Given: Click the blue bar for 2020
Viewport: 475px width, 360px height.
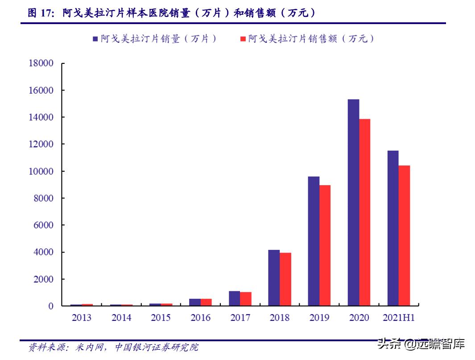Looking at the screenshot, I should [353, 203].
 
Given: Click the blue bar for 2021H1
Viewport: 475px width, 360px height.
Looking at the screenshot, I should [393, 228].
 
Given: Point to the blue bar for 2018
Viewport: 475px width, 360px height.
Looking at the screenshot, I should [274, 277].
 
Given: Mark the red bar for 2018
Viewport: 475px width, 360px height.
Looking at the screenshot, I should [285, 279].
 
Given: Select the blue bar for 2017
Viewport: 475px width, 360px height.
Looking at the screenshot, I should [234, 298].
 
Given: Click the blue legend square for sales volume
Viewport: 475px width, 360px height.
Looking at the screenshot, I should [95, 39].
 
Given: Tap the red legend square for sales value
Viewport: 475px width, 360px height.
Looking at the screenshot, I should [243, 39].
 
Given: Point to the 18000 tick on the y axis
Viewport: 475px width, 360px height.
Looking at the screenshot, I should [41, 63].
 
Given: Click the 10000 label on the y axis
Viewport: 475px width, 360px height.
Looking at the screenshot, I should [41, 171].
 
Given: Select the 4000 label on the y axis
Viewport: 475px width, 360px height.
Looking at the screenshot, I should [43, 252].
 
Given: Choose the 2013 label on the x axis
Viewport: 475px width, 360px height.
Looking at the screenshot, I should [81, 318].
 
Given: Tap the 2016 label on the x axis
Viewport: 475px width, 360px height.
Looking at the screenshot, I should [200, 318].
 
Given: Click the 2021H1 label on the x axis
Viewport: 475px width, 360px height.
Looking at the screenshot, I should [398, 318].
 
